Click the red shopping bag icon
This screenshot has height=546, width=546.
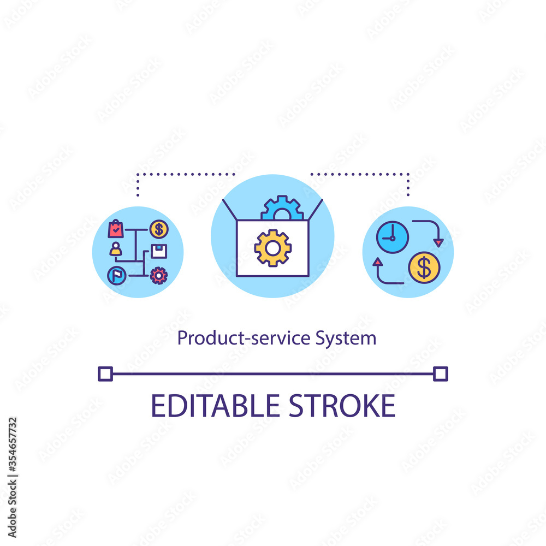[116, 229]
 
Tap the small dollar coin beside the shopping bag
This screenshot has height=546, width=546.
[159, 229]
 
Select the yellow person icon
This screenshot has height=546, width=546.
[115, 250]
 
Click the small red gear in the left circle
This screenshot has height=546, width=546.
[159, 275]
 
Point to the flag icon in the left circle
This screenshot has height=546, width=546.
[115, 275]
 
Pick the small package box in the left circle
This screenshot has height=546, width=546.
[159, 251]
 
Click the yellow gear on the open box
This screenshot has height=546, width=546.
[273, 248]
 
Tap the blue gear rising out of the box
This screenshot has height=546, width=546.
[282, 209]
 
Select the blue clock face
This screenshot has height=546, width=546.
[392, 237]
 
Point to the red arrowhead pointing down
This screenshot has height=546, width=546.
[438, 242]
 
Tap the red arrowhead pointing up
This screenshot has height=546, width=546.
[377, 263]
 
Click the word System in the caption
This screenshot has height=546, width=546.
[346, 339]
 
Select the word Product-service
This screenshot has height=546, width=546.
[245, 339]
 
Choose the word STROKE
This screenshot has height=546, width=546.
[343, 406]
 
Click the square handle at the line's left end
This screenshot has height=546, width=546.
[105, 374]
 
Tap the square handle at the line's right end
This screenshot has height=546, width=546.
[440, 374]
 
